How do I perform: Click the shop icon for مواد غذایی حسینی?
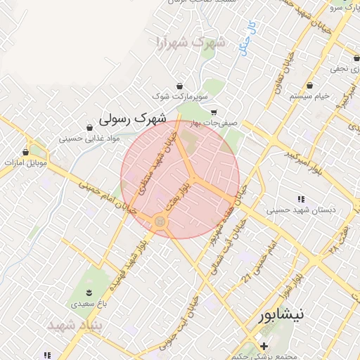pyautogui.click(x=89, y=127)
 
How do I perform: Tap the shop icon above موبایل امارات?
pyautogui.click(x=26, y=151)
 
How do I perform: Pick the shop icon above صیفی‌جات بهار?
pyautogui.click(x=214, y=111)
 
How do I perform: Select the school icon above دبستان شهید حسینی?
pyautogui.click(x=301, y=198)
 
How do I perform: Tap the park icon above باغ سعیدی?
pyautogui.click(x=89, y=292)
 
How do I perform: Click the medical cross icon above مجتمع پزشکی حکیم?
pyautogui.click(x=264, y=346)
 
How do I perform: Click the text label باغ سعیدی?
pyautogui.click(x=88, y=304)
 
